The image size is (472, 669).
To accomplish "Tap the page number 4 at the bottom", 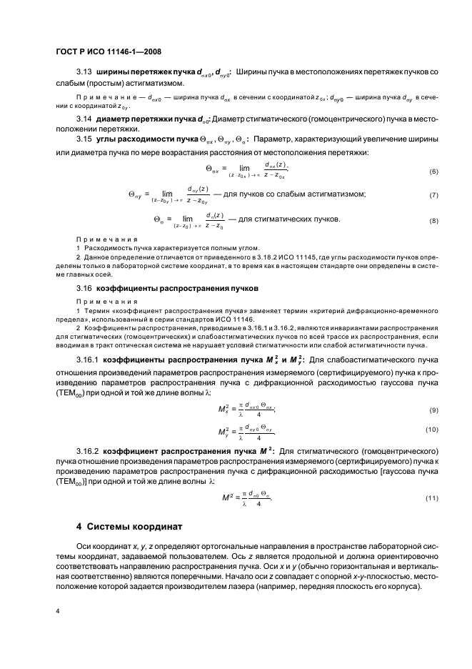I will [58, 611].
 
